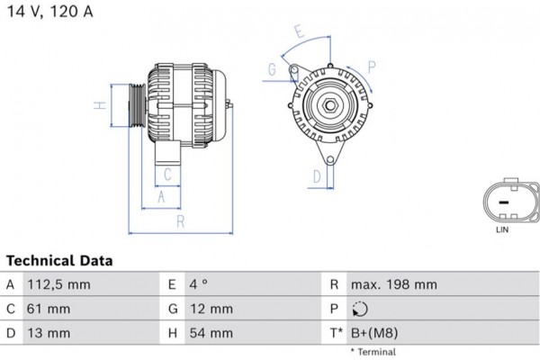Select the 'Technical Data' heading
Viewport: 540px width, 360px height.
[x=59, y=261]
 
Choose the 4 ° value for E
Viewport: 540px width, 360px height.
[x=199, y=284]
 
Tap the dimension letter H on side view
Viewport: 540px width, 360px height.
[x=102, y=105]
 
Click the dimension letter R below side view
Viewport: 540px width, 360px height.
[x=180, y=220]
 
